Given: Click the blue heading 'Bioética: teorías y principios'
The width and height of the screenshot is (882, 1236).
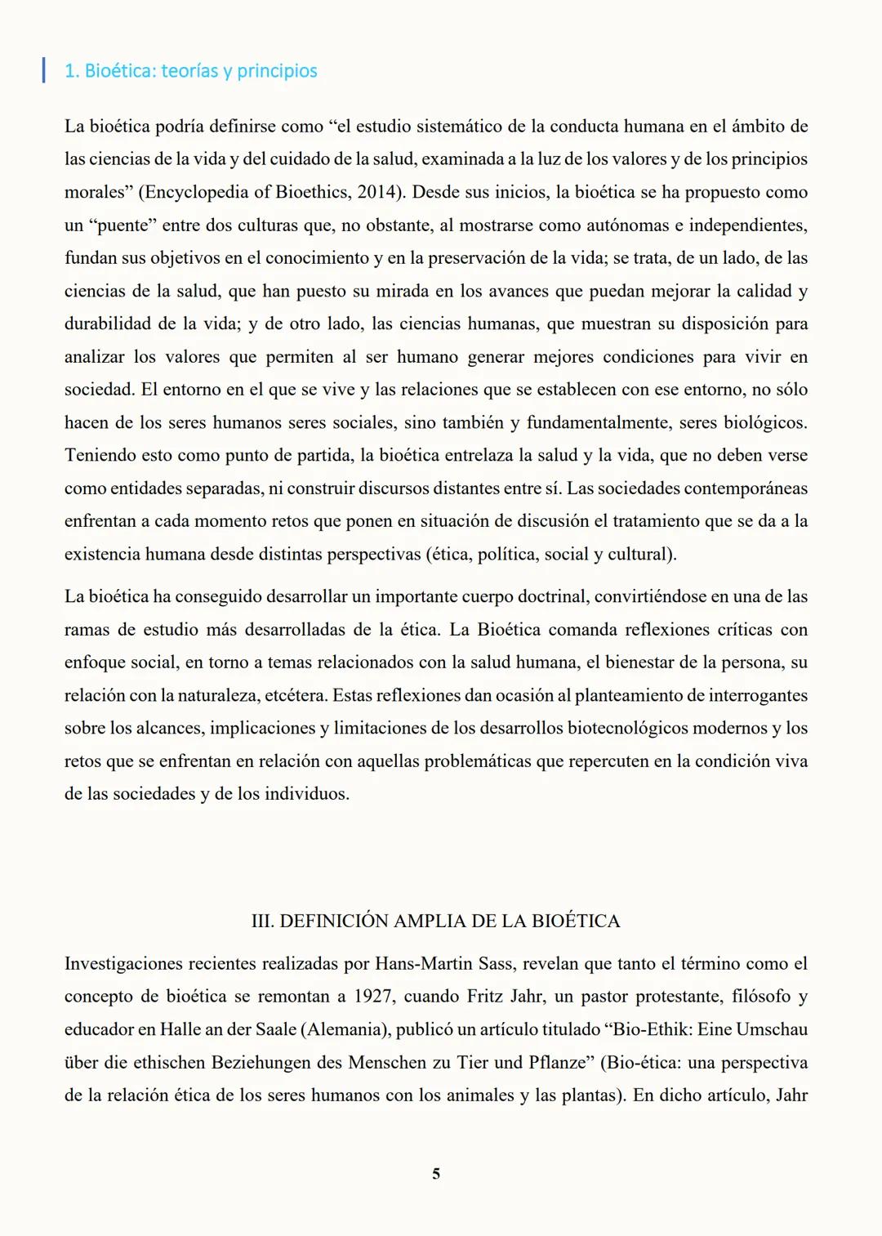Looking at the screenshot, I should tap(191, 71).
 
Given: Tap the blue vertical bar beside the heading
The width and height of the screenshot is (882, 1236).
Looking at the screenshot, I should tap(43, 69).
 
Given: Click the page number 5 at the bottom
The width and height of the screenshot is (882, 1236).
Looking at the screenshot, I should tap(436, 1174).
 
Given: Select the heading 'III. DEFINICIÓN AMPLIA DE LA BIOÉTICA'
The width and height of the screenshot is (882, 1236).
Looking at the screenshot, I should tap(436, 921).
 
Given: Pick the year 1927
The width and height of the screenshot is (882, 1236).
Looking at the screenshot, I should tap(372, 997).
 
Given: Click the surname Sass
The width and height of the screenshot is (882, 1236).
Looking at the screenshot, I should tap(496, 964).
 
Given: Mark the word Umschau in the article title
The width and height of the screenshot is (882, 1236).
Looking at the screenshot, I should tap(772, 1029).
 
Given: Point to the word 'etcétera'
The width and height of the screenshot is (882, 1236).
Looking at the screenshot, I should tap(294, 696).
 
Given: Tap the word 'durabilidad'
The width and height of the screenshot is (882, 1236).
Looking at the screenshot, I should tap(108, 324).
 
